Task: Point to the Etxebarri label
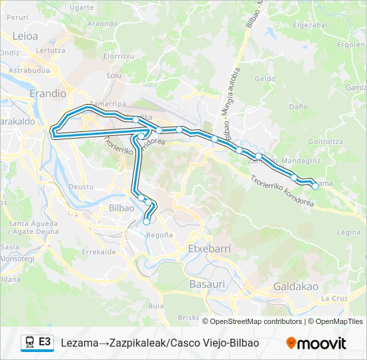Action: pyautogui.click(x=210, y=248)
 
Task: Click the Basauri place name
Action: pyautogui.click(x=208, y=284)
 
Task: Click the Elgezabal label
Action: pyautogui.click(x=310, y=25)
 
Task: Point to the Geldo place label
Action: pyautogui.click(x=264, y=79)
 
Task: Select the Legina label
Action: pyautogui.click(x=348, y=232)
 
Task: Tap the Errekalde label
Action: pyautogui.click(x=95, y=252)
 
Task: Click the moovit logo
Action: pyautogui.click(x=316, y=343)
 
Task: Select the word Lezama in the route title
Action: pyautogui.click(x=77, y=343)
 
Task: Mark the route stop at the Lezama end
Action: pyautogui.click(x=315, y=186)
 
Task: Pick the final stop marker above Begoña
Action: pyautogui.click(x=146, y=223)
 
